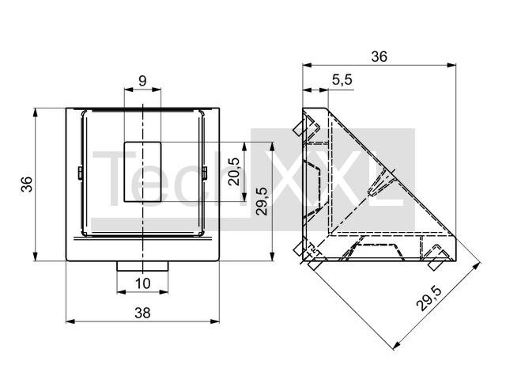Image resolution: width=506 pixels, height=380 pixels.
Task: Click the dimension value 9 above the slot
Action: tap(142, 81)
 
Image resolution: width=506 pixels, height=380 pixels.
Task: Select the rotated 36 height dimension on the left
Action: tap(27, 184)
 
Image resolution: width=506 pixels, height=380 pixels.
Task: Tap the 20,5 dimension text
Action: tap(234, 172)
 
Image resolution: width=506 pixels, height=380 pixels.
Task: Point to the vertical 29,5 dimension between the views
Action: tap(262, 201)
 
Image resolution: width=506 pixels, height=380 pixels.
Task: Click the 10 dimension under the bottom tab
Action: tap(142, 283)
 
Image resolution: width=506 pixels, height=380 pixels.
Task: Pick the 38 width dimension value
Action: tap(142, 313)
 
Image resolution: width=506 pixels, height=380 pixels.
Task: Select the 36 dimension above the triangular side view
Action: tap(379, 56)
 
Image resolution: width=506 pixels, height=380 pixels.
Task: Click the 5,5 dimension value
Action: tap(342, 80)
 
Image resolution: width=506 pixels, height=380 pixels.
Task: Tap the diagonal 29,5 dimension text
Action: tap(429, 299)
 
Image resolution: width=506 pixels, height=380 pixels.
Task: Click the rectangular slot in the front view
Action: tap(142, 172)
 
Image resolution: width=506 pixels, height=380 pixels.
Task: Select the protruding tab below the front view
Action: tap(142, 266)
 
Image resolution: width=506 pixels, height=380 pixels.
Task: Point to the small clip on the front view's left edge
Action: tap(80, 173)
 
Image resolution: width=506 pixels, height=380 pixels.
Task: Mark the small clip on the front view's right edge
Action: tap(204, 173)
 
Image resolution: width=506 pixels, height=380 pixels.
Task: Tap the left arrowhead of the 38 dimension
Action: tap(70, 321)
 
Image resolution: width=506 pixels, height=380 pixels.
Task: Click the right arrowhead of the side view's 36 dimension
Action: tap(451, 65)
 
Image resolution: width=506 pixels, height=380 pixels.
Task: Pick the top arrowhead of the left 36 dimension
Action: tap(35, 112)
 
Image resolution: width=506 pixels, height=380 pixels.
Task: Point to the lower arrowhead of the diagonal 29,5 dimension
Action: tap(397, 346)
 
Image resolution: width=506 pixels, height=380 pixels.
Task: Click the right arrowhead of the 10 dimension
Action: tap(164, 292)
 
